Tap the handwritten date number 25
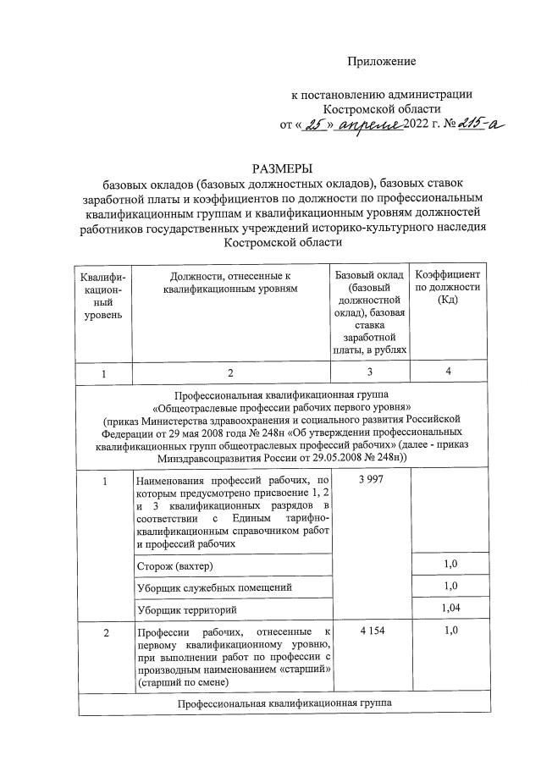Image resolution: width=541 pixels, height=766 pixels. coord(314,125)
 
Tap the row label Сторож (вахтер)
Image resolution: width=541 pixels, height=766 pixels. coord(175,565)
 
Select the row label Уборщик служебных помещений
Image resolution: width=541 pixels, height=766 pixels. coord(215,587)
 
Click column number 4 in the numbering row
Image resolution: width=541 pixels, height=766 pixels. coord(449,373)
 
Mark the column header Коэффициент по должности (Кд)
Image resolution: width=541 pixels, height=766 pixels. coord(449,288)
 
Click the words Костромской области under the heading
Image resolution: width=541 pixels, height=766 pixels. coord(281,243)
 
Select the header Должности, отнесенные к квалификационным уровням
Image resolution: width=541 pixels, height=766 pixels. coord(230,282)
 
